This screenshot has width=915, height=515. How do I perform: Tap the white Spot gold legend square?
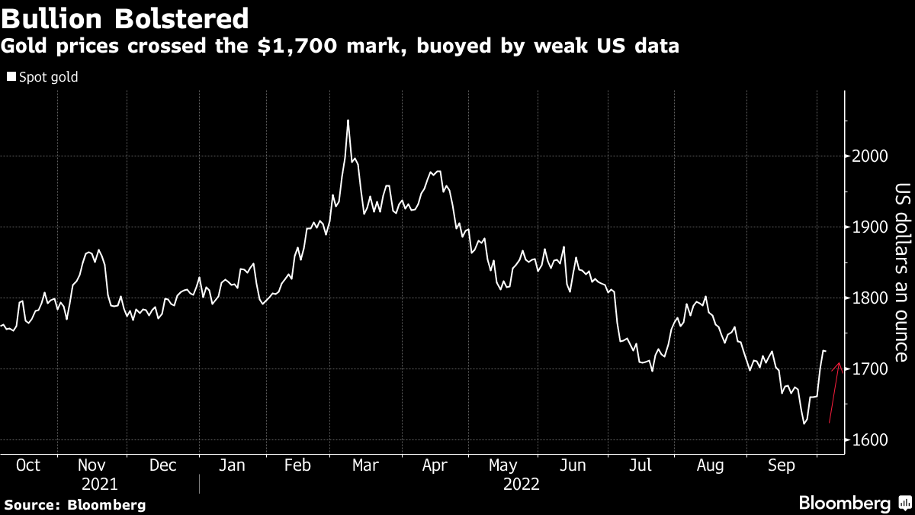[11, 77]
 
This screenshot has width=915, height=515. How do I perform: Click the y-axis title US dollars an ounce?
[901, 272]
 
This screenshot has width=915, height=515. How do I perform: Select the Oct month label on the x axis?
[28, 465]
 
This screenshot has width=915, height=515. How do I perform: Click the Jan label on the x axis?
[233, 465]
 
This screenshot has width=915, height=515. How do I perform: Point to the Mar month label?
[364, 465]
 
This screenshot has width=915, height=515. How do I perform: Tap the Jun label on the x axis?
[572, 465]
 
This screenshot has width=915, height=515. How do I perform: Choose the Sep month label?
[779, 465]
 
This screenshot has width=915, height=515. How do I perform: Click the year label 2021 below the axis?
[99, 484]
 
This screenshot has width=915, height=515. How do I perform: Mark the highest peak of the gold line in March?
[348, 121]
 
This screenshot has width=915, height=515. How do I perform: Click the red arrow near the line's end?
[835, 392]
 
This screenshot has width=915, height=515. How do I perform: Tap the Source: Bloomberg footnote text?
[75, 504]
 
